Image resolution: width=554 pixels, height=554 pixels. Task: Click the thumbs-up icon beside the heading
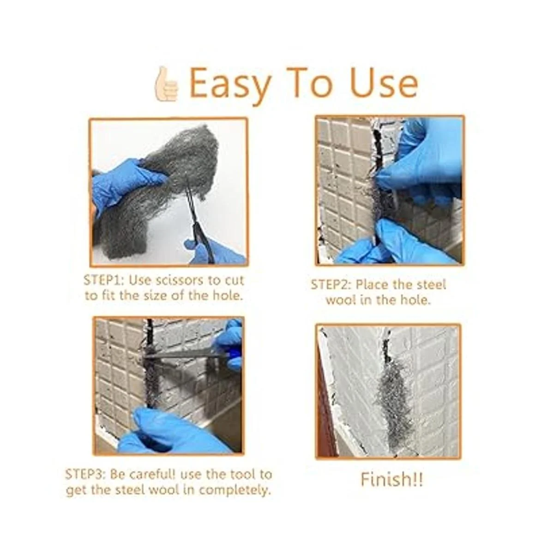pyautogui.click(x=166, y=84)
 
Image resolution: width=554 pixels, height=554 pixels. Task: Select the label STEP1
pyautogui.click(x=103, y=280)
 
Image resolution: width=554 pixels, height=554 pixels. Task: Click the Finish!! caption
pyautogui.click(x=391, y=480)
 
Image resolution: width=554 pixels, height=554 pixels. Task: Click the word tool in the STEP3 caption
pyautogui.click(x=241, y=475)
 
